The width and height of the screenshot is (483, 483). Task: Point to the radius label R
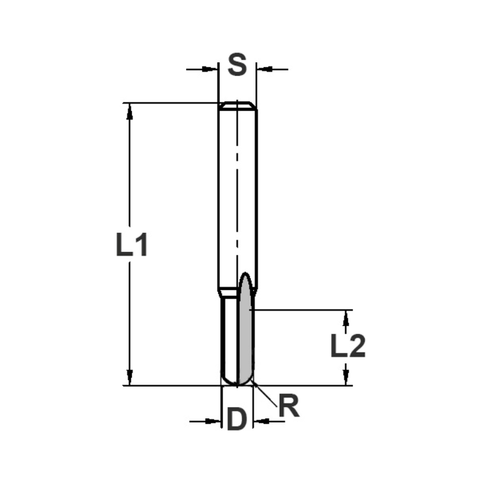click(x=289, y=407)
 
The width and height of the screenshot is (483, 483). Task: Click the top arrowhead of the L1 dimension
click(x=129, y=111)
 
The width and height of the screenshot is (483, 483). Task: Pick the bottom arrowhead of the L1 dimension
click(x=129, y=377)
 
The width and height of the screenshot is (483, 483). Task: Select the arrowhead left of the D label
click(x=213, y=421)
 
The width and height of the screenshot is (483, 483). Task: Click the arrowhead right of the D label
click(x=261, y=421)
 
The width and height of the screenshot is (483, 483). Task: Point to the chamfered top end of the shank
click(x=237, y=105)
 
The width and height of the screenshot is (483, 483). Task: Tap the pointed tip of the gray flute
click(x=245, y=275)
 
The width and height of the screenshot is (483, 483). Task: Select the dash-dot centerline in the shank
click(x=237, y=193)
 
